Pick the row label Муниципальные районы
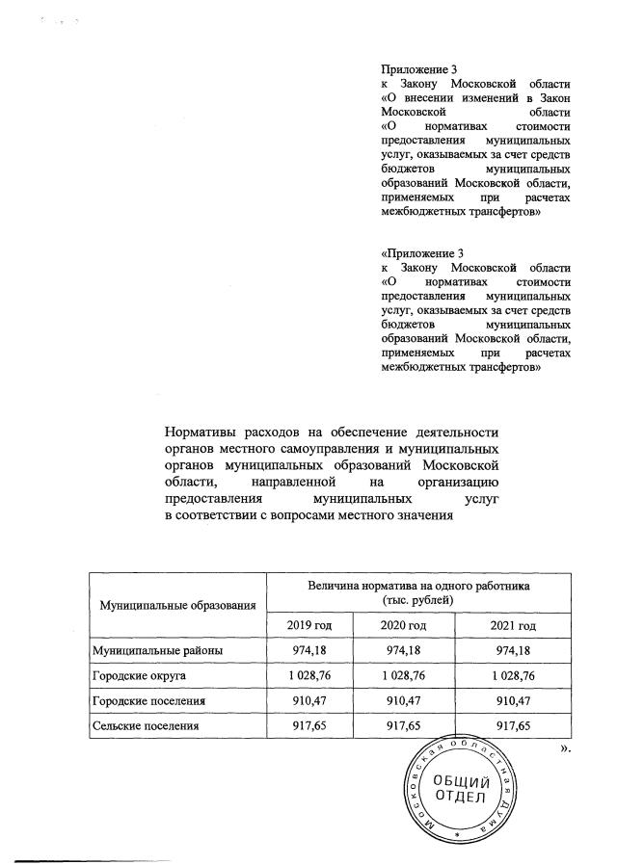[157, 651]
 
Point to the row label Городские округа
[145, 676]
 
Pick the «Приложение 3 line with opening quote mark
[416, 252]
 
